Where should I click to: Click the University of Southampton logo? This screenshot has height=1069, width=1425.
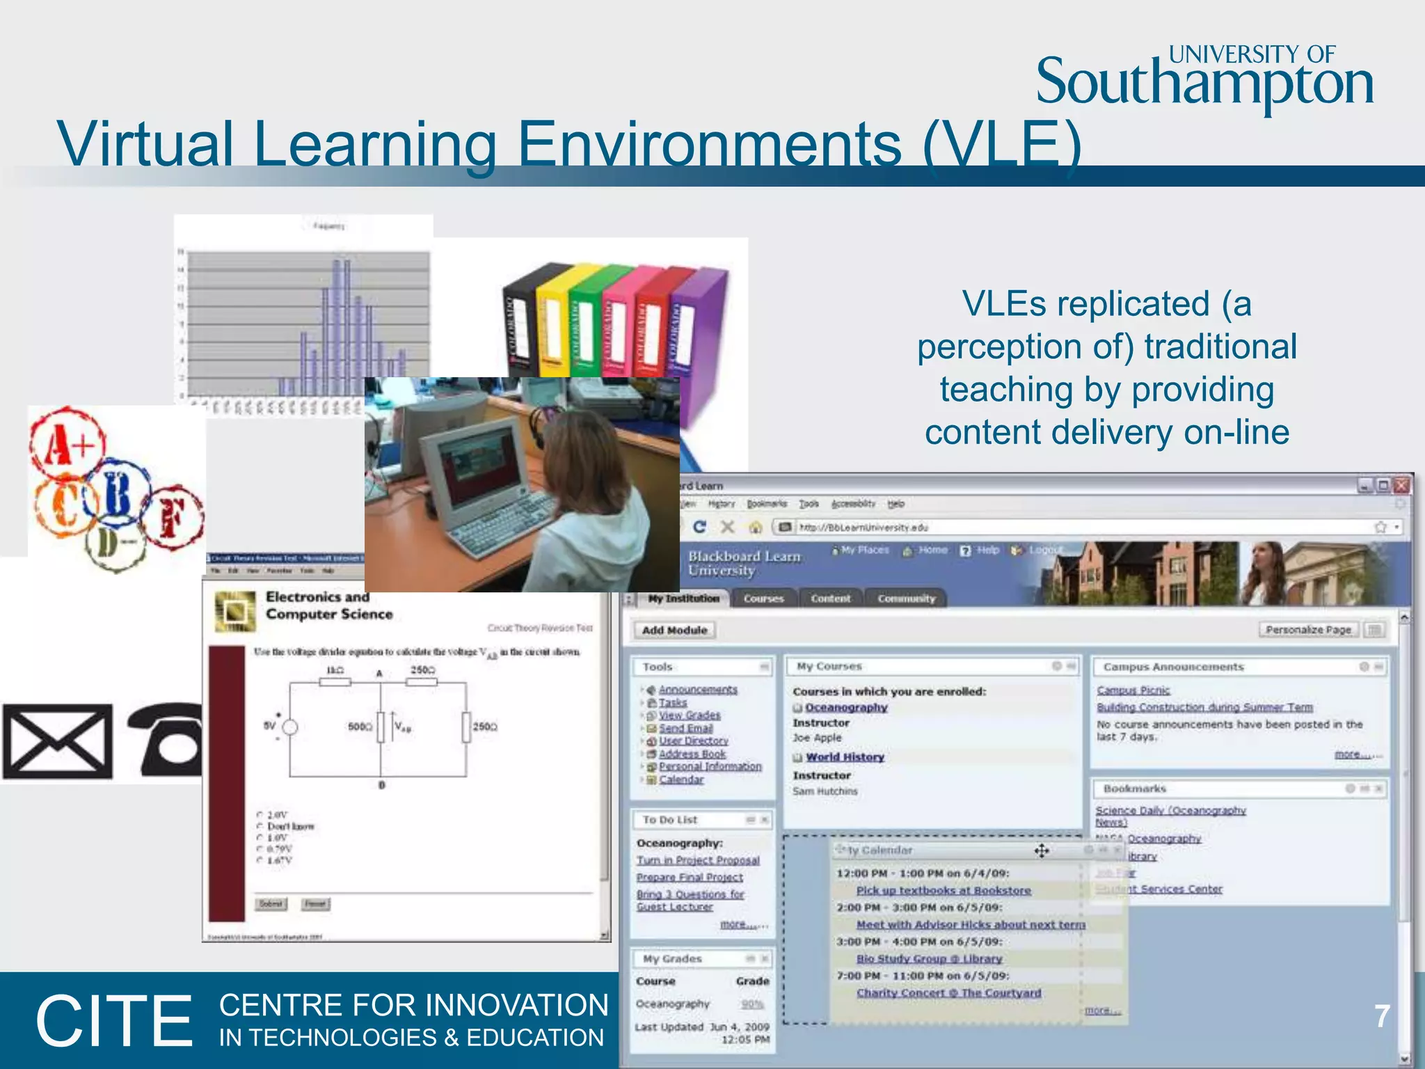[x=1204, y=78]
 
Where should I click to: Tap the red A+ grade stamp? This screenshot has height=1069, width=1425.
[x=67, y=443]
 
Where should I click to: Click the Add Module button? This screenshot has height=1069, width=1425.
[x=674, y=630]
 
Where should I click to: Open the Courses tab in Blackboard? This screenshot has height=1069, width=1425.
[x=763, y=599]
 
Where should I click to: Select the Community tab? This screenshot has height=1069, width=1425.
[x=906, y=599]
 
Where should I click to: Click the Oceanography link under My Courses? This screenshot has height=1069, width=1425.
[x=846, y=707]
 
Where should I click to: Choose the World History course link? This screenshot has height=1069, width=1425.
[x=845, y=757]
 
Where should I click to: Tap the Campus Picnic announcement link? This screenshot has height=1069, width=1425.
[x=1133, y=690]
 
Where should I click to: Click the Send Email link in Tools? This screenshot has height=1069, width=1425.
[x=685, y=728]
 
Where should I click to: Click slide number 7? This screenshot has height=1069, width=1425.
[x=1382, y=1017]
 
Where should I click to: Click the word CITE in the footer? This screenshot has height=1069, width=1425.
[x=114, y=1021]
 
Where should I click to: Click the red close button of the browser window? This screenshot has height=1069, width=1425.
[x=1401, y=485]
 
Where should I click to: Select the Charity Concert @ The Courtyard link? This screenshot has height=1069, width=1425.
[x=948, y=993]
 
